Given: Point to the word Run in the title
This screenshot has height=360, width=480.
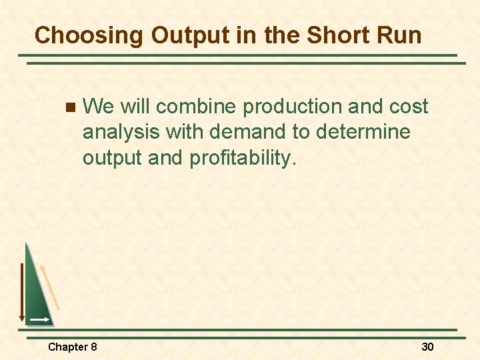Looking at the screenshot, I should pyautogui.click(x=399, y=35).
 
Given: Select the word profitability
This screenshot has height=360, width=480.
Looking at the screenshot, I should pyautogui.click(x=243, y=159).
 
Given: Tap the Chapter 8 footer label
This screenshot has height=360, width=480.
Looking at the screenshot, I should pyautogui.click(x=72, y=347).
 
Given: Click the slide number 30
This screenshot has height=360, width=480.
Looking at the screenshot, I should pyautogui.click(x=427, y=347).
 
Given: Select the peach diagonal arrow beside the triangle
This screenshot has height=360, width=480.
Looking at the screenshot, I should pyautogui.click(x=51, y=287).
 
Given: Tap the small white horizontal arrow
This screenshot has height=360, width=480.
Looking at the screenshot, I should pyautogui.click(x=39, y=321).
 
